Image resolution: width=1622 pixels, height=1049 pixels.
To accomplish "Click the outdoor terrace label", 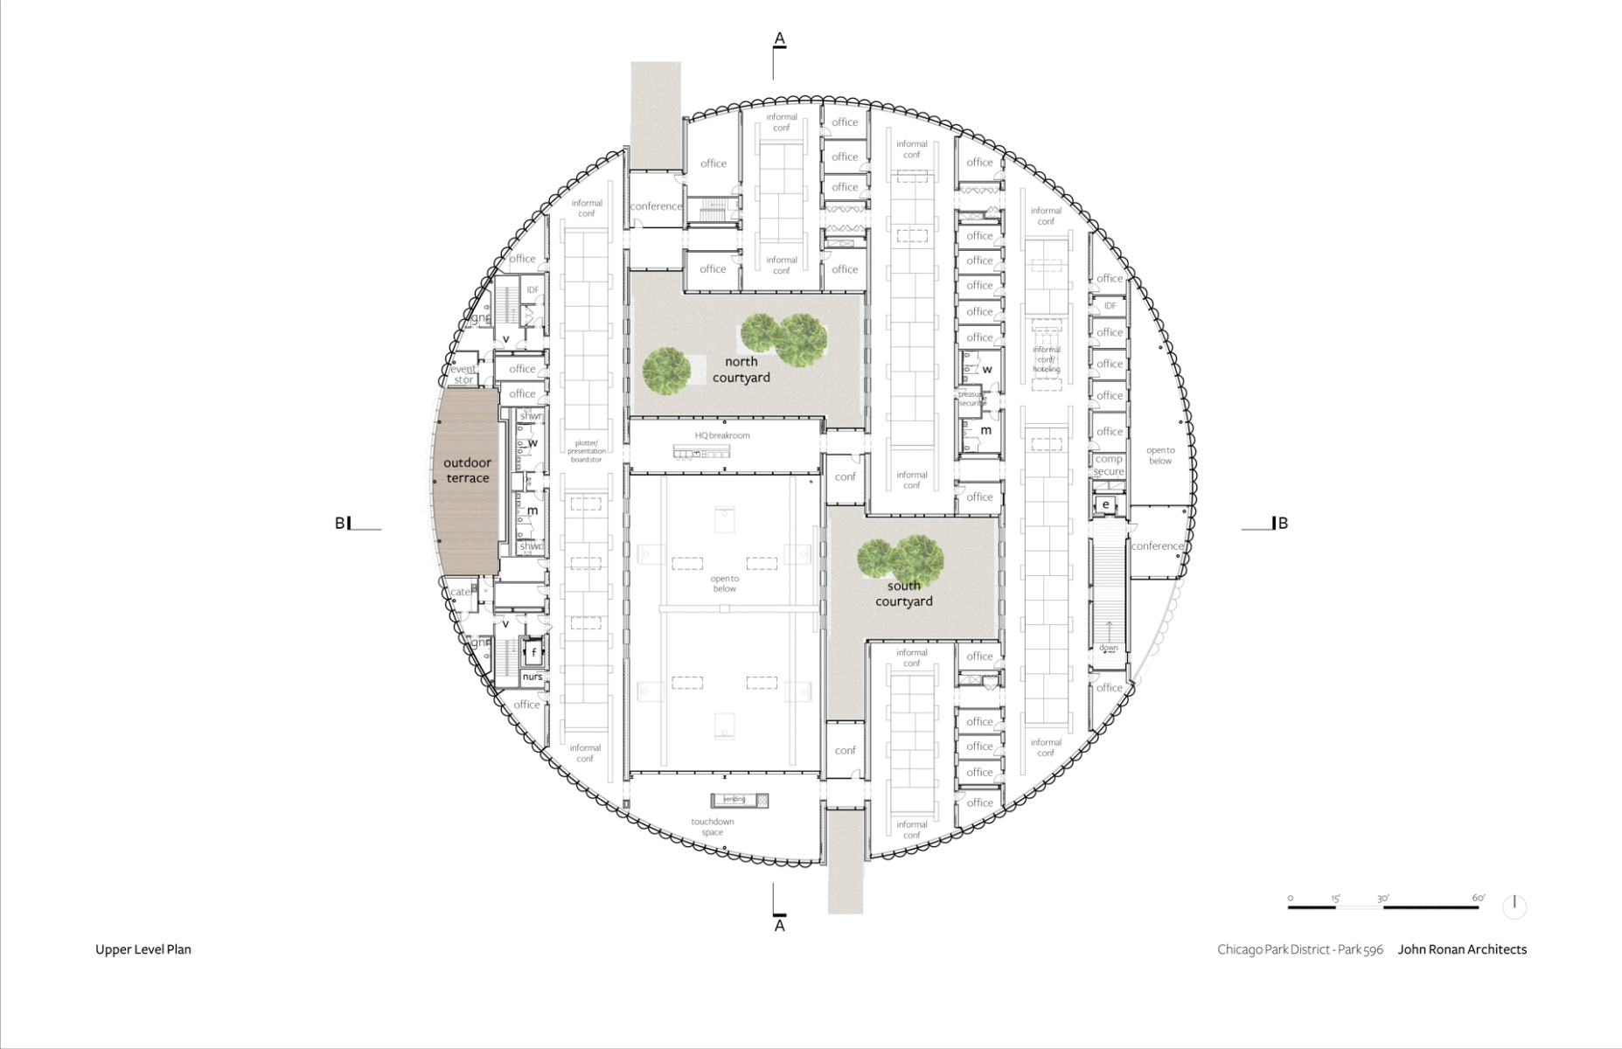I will coord(467,470).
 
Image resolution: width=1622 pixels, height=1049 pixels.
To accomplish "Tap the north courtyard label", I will coord(741,370).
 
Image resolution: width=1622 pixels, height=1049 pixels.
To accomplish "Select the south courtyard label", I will coord(903,594).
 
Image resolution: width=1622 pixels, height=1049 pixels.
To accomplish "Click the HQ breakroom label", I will coord(722,435).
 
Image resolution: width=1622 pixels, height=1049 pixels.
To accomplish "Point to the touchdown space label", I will coord(713,827).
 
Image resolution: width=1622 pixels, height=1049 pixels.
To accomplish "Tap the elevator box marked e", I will coord(1106,504).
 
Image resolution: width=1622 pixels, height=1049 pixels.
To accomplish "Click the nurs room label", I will coord(533,677).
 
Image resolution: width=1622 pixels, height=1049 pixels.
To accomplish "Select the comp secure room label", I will coord(1108,465).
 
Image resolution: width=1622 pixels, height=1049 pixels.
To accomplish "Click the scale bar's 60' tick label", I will coord(1478,898).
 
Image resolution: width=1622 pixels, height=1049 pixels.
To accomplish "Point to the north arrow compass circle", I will coord(1514,907).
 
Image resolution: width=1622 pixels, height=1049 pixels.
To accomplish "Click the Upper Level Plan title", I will coord(143,949).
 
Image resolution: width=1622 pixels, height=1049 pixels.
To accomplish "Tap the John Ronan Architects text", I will coord(1462,949).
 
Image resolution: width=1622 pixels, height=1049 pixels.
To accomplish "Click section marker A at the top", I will coord(779,39).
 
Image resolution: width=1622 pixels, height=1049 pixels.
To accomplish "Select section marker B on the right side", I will coord(1282,524).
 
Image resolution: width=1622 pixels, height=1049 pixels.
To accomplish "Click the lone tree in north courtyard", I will coord(667,370).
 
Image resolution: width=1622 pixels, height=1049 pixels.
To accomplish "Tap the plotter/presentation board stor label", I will coord(586,451).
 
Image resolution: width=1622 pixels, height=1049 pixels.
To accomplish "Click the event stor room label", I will coord(463,374).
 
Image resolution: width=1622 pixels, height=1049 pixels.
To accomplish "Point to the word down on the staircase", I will coord(1109,648).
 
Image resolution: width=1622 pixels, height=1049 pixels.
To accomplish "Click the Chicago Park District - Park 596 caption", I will coord(1299,949).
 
